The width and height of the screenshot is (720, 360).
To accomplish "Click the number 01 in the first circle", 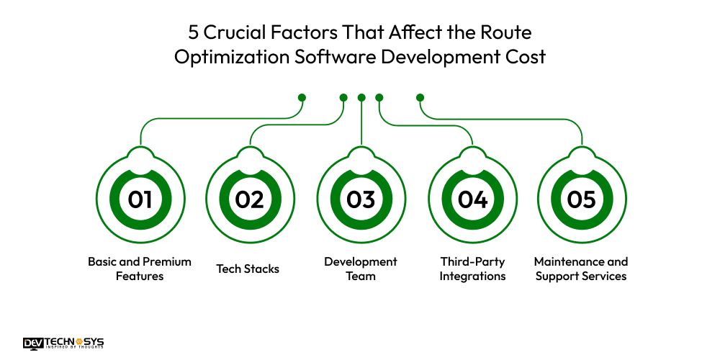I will tap(140, 199).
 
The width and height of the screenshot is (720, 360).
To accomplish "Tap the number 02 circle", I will tap(250, 199).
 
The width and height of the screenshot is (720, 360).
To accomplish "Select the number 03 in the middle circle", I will tap(361, 199).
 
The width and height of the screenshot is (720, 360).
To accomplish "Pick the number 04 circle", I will tap(472, 199).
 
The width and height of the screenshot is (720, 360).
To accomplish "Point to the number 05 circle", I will tap(581, 199).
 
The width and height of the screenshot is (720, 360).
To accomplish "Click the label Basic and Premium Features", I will tap(140, 269).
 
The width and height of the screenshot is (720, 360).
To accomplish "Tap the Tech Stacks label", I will tap(248, 269).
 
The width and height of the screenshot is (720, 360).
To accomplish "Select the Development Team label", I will tap(361, 269).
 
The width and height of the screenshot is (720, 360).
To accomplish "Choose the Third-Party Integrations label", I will tap(473, 269).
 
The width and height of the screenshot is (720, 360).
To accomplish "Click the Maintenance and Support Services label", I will tap(581, 269).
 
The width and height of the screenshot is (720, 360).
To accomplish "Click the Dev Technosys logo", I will tap(63, 343).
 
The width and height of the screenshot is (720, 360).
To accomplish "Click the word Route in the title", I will tap(507, 33).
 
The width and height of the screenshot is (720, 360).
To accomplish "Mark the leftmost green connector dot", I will tap(302, 97).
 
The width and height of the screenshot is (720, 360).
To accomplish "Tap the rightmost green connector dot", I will tap(420, 97).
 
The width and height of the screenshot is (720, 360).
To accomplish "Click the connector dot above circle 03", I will tap(361, 97).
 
